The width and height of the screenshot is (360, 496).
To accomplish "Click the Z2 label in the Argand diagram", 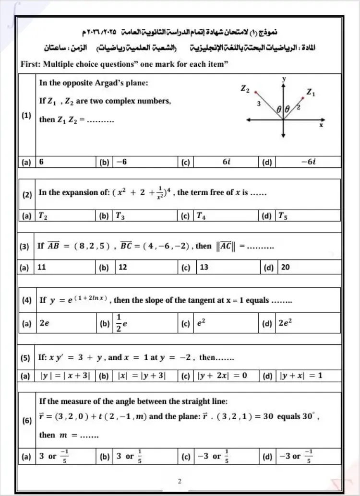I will tap(245, 88).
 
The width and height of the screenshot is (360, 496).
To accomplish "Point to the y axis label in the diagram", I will tap(285, 78).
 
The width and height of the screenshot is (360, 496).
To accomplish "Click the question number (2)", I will tap(27, 196).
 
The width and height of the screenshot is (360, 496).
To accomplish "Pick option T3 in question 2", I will tap(120, 216).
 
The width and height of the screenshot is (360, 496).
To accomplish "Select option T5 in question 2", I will tap(283, 216).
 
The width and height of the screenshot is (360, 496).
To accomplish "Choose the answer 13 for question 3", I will tap(204, 267).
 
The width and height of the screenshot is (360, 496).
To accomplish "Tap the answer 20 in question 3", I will tap(285, 267).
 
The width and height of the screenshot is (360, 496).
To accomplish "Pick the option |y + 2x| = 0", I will tap(222, 376).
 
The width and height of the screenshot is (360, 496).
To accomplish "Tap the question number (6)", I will tap(27, 421).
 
